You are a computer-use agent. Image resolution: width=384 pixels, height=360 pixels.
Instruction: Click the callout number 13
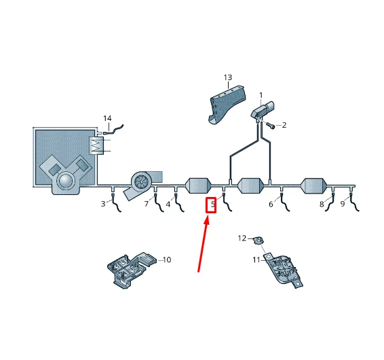(228, 77)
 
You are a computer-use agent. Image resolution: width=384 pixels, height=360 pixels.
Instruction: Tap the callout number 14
(107, 118)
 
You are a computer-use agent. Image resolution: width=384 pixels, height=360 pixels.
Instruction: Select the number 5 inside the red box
(213, 204)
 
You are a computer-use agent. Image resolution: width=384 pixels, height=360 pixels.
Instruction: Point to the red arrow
(204, 244)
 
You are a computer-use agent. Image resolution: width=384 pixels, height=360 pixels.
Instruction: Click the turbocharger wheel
(142, 181)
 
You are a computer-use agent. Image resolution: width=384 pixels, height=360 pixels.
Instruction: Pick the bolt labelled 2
(271, 125)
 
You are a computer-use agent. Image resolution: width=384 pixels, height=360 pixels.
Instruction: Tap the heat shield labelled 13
(227, 104)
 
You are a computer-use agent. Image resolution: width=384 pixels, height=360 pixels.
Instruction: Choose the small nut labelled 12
(258, 240)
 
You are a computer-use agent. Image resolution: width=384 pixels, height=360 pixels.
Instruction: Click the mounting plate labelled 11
(284, 270)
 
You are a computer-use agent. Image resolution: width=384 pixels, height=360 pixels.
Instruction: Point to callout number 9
(343, 204)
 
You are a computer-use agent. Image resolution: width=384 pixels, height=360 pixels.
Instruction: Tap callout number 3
(103, 204)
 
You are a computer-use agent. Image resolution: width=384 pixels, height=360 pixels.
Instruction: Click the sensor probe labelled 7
(158, 202)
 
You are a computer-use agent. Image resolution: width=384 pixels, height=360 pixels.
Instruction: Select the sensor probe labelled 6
(285, 202)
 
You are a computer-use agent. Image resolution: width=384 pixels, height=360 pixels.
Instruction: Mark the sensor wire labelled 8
(330, 202)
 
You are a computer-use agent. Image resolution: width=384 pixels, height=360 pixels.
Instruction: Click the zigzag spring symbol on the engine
(96, 145)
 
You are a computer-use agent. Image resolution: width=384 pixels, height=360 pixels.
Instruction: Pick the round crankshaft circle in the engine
(65, 181)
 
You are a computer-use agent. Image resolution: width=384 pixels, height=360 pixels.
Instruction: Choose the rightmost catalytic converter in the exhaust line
(313, 185)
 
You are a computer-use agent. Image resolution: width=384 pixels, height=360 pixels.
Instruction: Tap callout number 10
(167, 259)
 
